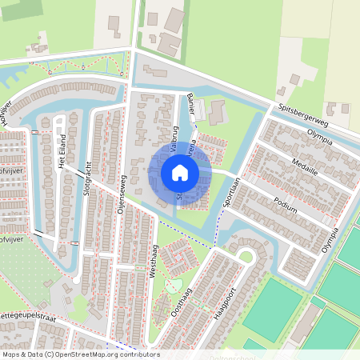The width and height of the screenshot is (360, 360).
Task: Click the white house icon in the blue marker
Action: click(180, 173)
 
